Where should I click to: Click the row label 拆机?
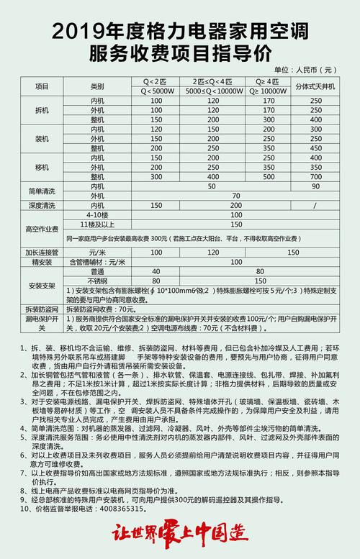(42, 110)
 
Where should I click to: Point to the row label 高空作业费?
(42, 229)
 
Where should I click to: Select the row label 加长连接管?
(42, 253)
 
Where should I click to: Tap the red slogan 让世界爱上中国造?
(179, 535)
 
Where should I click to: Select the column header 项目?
(42, 86)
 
